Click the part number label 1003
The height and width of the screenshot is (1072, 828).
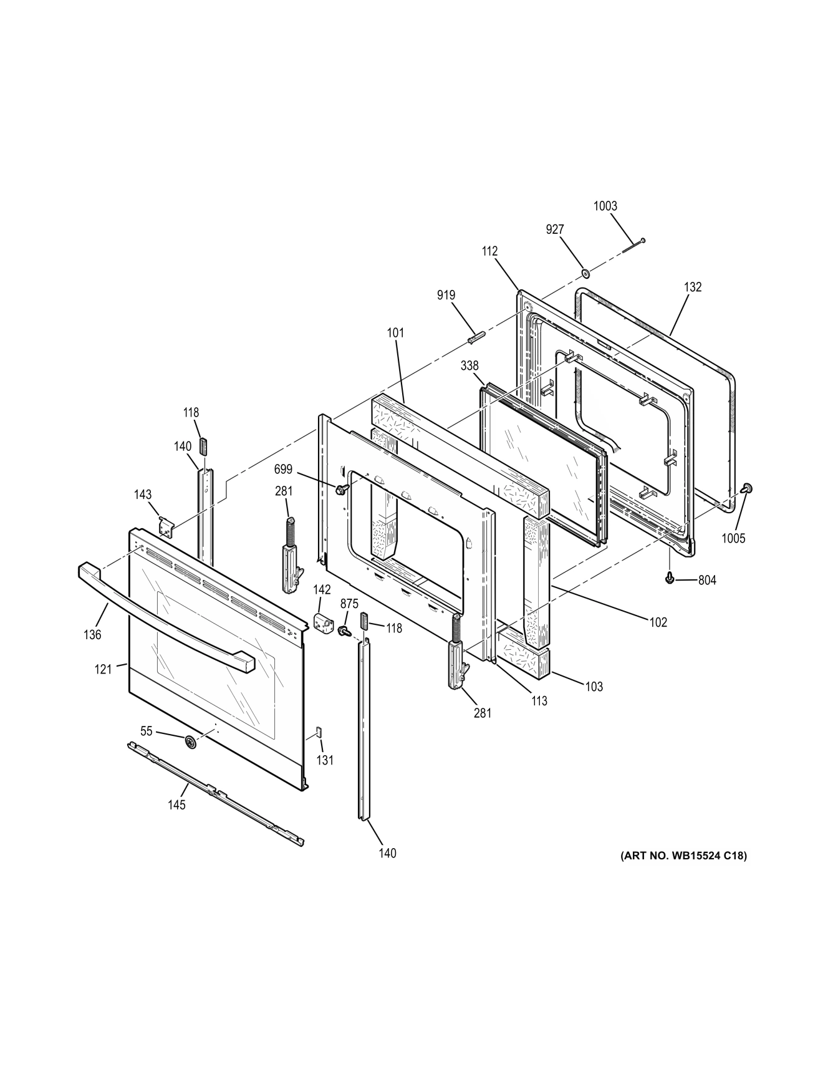tap(605, 206)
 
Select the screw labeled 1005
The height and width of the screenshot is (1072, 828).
tap(747, 488)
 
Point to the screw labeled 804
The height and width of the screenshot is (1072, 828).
tap(670, 579)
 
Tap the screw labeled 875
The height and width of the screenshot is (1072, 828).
tap(343, 631)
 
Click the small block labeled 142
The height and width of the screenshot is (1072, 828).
tap(323, 622)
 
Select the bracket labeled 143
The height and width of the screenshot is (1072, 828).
tap(165, 526)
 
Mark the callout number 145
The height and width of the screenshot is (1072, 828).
tap(176, 805)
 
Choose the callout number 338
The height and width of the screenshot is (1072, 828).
tap(469, 366)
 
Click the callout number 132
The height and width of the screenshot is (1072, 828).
tap(692, 287)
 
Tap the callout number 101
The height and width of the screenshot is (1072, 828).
tap(395, 332)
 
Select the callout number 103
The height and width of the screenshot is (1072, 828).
tap(594, 687)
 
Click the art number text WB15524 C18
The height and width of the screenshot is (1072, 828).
tap(682, 856)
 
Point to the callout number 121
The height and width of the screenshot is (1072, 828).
tap(103, 669)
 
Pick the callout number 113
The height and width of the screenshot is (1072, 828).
tap(539, 701)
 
